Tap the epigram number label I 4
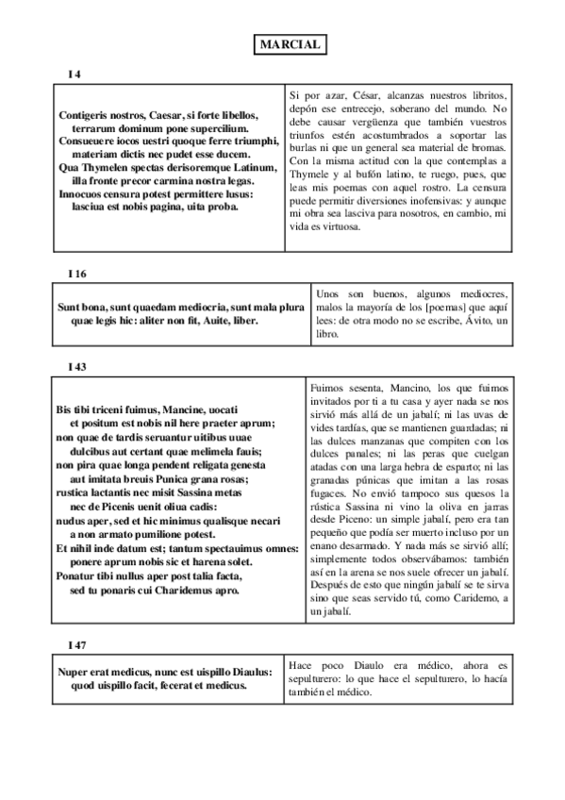point(75,74)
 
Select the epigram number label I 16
point(77,273)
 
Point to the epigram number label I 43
point(77,364)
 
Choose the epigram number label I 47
point(77,643)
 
